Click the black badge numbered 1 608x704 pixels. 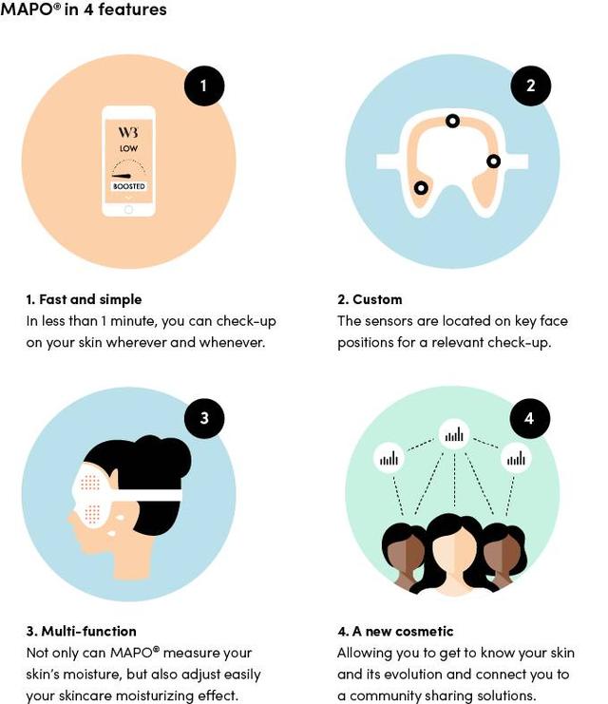pyautogui.click(x=204, y=86)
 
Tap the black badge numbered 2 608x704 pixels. pyautogui.click(x=530, y=86)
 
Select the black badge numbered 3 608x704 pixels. pyautogui.click(x=204, y=418)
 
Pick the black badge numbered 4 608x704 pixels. pyautogui.click(x=529, y=418)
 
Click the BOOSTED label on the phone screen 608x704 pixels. pyautogui.click(x=129, y=186)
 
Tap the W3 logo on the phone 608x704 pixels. pyautogui.click(x=128, y=132)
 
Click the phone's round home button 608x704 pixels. pyautogui.click(x=129, y=210)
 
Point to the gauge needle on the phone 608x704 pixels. pyautogui.click(x=122, y=176)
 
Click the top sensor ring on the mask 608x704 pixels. pyautogui.click(x=452, y=121)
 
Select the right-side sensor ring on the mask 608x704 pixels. pyautogui.click(x=493, y=162)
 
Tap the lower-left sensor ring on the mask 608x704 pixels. pyautogui.click(x=421, y=188)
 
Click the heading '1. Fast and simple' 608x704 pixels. pyautogui.click(x=84, y=299)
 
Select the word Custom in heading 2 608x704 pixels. pyautogui.click(x=377, y=299)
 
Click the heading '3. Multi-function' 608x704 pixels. pyautogui.click(x=82, y=631)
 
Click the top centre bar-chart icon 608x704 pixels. pyautogui.click(x=454, y=434)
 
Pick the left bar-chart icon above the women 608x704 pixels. pyautogui.click(x=389, y=459)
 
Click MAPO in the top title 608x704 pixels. pyautogui.click(x=27, y=9)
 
